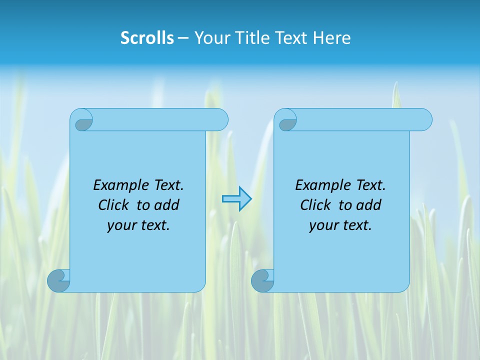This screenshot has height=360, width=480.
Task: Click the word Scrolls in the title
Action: [147, 38]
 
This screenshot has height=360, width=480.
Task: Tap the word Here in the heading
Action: [332, 38]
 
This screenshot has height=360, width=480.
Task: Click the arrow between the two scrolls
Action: [236, 199]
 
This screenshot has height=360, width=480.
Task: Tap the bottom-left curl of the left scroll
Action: [58, 281]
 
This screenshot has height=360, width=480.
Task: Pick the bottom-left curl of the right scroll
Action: [262, 281]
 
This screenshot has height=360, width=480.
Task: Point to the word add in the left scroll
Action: [166, 205]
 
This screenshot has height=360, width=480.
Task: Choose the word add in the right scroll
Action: [368, 205]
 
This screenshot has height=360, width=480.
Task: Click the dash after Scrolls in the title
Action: [183, 38]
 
